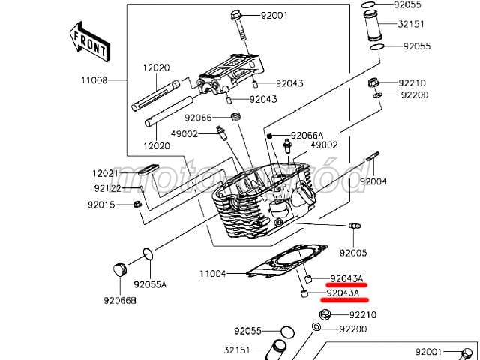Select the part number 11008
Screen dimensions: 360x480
click(x=94, y=79)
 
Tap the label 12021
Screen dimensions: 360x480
click(x=106, y=173)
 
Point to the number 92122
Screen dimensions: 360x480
click(x=108, y=189)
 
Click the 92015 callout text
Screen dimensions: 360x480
click(x=101, y=205)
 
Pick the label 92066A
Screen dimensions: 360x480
click(x=307, y=135)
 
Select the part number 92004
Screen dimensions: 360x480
click(x=373, y=181)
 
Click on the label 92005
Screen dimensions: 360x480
click(x=353, y=253)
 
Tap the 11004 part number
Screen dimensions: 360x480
click(x=213, y=274)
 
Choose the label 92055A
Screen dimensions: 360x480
click(x=150, y=285)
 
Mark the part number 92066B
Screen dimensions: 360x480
click(x=120, y=301)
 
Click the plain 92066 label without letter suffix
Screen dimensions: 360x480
click(x=199, y=118)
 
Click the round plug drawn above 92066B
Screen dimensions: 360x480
click(x=118, y=269)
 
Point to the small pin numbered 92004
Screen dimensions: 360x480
click(x=372, y=161)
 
